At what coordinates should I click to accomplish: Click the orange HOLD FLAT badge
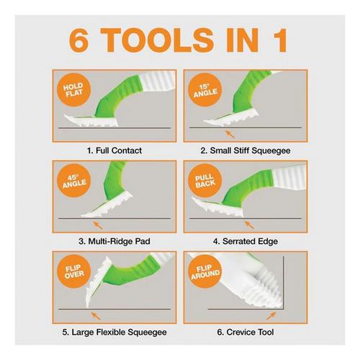74,90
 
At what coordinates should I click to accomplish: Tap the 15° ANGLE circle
205,90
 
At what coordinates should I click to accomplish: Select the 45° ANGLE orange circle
74,181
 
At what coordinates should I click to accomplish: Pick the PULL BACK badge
205,181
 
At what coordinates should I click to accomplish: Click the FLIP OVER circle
74,271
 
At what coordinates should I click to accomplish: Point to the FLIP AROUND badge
205,271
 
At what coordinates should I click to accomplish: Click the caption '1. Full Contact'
114,150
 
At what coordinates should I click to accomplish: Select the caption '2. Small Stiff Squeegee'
246,150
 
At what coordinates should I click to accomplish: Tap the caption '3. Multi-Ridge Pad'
114,241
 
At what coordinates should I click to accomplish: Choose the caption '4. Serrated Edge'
246,241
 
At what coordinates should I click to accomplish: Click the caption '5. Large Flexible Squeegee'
114,332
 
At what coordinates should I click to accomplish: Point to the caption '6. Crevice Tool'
246,332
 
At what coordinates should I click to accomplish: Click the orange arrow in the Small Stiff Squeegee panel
230,134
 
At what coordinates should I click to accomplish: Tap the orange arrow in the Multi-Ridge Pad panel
97,225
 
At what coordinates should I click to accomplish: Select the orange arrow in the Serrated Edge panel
249,225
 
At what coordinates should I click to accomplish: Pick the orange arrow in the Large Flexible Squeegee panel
96,315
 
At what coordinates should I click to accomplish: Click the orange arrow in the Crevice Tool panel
271,315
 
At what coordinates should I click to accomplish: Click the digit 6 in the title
78,40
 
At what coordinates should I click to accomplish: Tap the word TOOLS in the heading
157,40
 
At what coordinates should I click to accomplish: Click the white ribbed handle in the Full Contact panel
158,81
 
